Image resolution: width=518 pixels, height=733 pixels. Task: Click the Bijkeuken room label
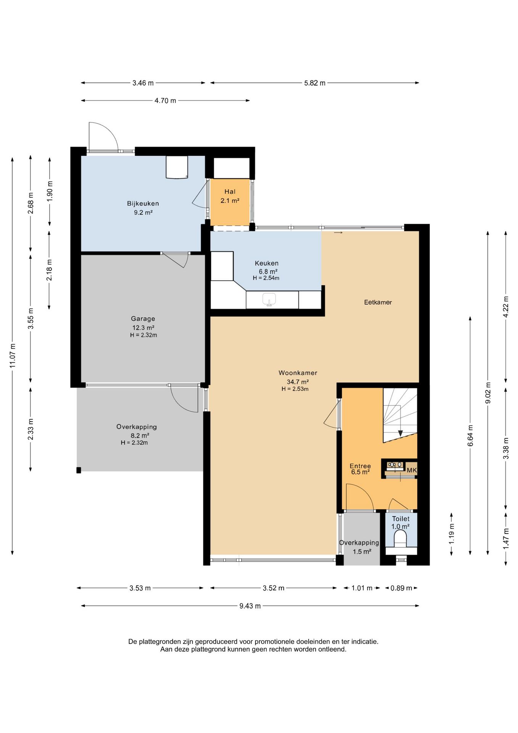click(143, 203)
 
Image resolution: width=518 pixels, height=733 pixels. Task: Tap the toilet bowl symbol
click(400, 538)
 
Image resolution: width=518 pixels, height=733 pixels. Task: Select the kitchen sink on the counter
click(269, 299)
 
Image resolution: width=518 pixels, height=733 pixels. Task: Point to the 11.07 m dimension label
click(13, 356)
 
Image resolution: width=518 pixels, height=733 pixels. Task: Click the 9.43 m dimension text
click(250, 606)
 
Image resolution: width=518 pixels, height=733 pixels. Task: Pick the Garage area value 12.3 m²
click(143, 328)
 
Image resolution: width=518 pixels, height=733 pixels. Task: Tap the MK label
click(412, 470)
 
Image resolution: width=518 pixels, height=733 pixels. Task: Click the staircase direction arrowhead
click(401, 433)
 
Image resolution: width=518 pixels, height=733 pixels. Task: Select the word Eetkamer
click(378, 302)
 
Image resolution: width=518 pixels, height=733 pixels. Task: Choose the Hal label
click(230, 192)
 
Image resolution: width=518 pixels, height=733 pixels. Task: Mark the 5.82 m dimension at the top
click(315, 83)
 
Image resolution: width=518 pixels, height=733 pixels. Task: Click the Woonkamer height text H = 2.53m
click(295, 389)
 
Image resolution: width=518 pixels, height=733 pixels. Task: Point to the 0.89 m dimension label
click(401, 588)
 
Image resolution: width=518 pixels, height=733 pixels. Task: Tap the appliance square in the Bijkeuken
click(177, 167)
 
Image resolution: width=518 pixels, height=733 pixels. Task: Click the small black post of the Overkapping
click(79, 470)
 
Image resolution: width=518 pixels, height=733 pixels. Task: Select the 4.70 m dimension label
click(165, 101)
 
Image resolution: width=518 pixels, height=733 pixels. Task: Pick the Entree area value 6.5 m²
click(360, 472)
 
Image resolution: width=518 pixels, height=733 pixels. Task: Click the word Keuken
click(267, 263)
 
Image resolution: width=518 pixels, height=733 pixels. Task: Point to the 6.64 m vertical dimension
click(470, 436)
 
